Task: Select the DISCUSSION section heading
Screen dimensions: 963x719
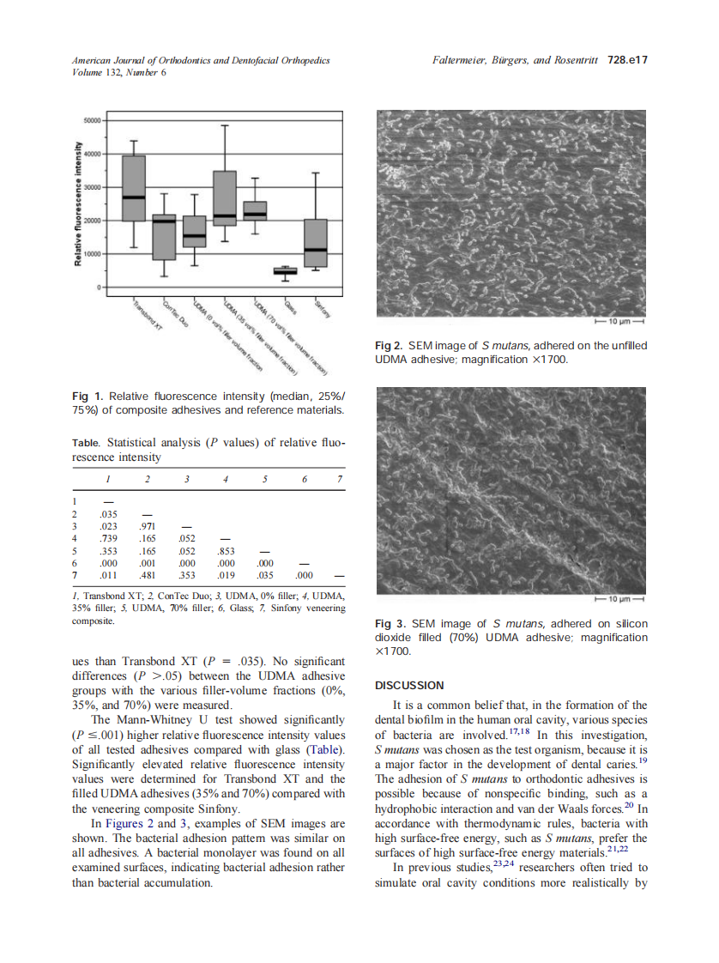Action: [x=410, y=685]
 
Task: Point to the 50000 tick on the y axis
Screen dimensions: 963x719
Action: [x=91, y=121]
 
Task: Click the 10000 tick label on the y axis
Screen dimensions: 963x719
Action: [x=91, y=254]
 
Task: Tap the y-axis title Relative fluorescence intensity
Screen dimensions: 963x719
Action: [x=78, y=203]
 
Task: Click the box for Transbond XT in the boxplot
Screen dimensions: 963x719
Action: [x=133, y=188]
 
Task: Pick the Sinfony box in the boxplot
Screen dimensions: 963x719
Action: [x=316, y=243]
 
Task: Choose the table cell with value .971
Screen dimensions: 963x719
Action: [x=147, y=525]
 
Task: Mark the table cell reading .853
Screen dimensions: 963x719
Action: [x=227, y=550]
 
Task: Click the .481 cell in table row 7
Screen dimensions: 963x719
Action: [x=147, y=575]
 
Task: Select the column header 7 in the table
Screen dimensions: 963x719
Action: [x=340, y=477]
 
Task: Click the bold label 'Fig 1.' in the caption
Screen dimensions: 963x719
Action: [x=88, y=396]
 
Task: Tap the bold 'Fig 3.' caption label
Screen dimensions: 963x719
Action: [x=390, y=623]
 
